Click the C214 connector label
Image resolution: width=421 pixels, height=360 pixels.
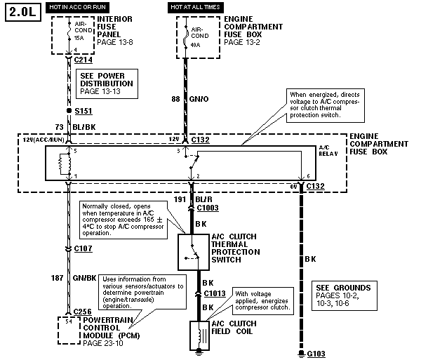(x=83, y=61)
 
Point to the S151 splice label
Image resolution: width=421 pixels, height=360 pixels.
(x=83, y=111)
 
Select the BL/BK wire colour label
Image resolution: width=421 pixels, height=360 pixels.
(x=85, y=126)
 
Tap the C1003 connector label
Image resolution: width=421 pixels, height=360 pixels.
(x=208, y=208)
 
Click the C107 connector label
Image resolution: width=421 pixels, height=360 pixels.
(x=83, y=248)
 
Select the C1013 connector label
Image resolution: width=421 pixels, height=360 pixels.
(x=214, y=293)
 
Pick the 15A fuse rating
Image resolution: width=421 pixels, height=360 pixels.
(x=79, y=39)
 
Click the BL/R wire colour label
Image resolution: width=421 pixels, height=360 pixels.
(x=208, y=199)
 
